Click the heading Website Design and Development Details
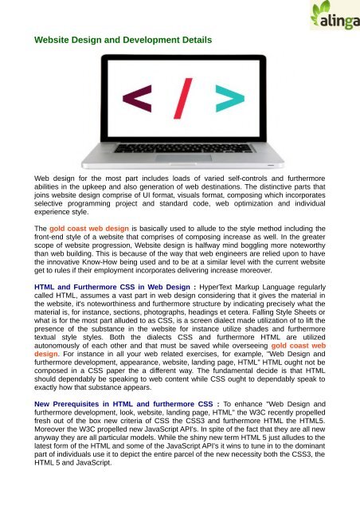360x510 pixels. click(x=123, y=39)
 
